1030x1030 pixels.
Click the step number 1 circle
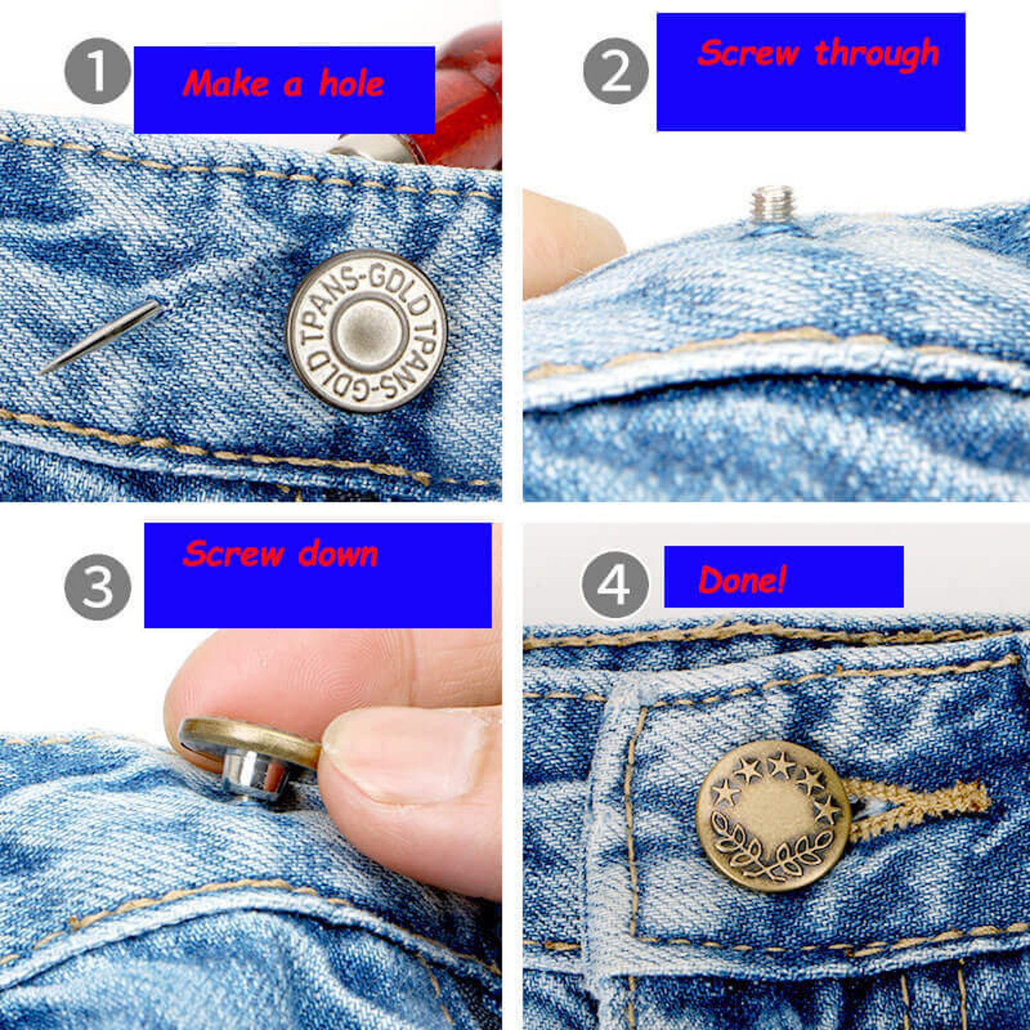tap(97, 71)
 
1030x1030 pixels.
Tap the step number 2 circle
tap(616, 71)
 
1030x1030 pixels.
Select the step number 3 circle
tap(97, 586)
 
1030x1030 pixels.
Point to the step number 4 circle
tap(614, 584)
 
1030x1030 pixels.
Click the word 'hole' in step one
tap(351, 84)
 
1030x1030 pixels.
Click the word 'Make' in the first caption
tap(225, 84)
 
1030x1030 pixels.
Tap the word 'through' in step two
tap(876, 53)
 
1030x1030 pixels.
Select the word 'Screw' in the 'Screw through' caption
tap(748, 53)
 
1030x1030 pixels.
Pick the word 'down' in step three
tap(338, 555)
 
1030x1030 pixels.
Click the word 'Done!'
tap(742, 579)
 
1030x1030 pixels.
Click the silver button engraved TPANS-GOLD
tap(367, 331)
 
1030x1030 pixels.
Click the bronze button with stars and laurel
tap(772, 816)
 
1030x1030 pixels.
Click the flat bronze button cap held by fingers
tap(250, 739)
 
